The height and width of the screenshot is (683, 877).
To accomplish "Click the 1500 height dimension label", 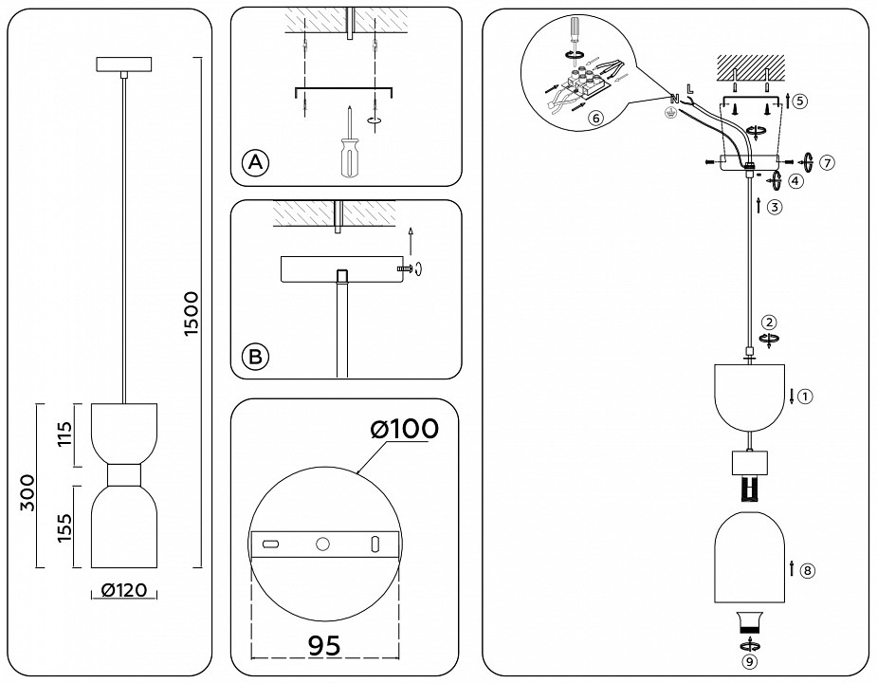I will tap(191, 312).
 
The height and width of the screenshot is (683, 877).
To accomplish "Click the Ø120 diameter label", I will tap(123, 591).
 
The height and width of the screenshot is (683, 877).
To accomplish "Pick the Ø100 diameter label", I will tap(405, 429).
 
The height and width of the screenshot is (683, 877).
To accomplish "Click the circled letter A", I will tap(254, 162).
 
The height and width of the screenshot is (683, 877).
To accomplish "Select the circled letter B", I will tap(254, 357).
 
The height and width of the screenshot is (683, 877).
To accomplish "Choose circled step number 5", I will tap(800, 100).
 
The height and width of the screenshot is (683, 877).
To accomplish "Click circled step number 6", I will tap(594, 119).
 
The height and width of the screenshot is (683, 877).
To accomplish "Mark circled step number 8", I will tap(807, 571).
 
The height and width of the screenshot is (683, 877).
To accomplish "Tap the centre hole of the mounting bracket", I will tap(321, 545).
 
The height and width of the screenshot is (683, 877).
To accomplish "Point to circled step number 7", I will tap(828, 162).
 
